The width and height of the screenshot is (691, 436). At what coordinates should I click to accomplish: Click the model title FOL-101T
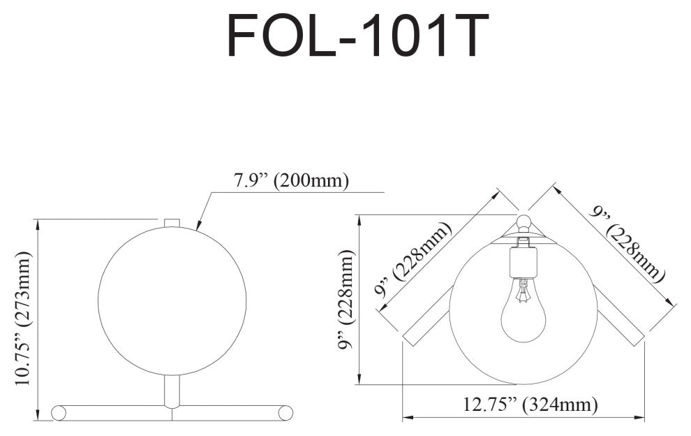click(x=357, y=36)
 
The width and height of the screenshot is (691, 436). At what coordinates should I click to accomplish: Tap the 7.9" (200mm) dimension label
click(x=291, y=180)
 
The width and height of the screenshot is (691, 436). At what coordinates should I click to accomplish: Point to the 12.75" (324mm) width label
click(x=530, y=404)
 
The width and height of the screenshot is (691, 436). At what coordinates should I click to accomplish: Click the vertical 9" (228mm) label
click(x=345, y=299)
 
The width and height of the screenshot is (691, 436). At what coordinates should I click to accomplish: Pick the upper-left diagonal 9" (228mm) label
click(x=413, y=261)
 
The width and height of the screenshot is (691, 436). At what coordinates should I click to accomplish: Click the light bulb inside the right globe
click(x=523, y=310)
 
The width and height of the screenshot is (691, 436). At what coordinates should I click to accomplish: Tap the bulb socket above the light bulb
click(x=523, y=262)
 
